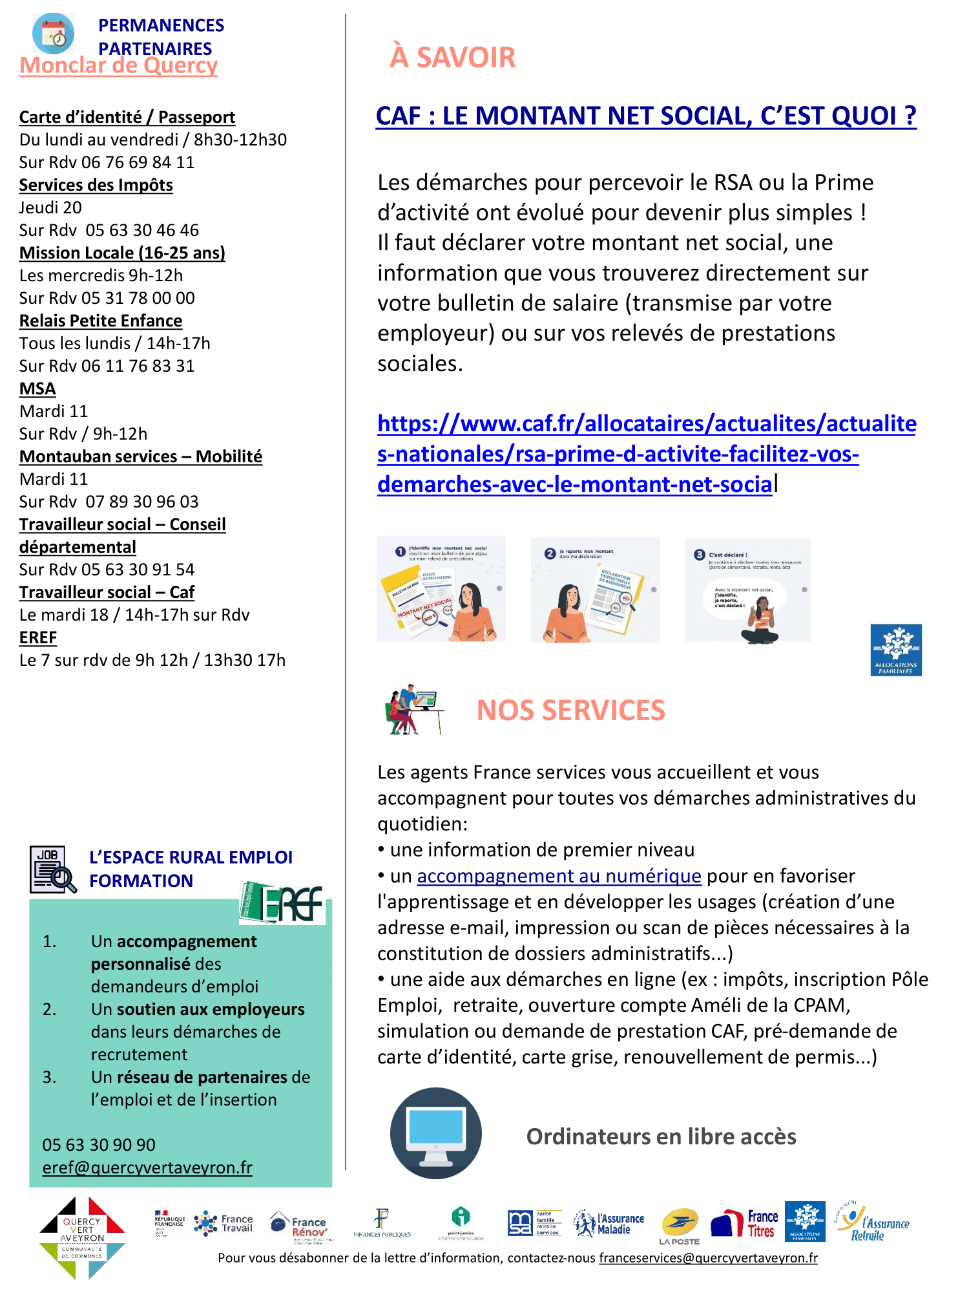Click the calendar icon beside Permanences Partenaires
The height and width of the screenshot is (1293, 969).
[x=53, y=34]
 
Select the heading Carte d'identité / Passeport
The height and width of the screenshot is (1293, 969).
[x=127, y=117]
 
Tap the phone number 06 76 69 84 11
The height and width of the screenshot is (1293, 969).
[x=138, y=162]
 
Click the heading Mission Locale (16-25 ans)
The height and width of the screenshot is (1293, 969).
[x=122, y=253]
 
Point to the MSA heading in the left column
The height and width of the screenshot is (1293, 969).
[x=37, y=389]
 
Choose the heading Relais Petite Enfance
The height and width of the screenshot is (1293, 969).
[x=101, y=321]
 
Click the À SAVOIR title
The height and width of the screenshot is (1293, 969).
[x=452, y=57]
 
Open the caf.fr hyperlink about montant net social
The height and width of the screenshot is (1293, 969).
[x=646, y=454]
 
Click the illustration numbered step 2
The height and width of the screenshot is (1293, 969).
[x=595, y=589]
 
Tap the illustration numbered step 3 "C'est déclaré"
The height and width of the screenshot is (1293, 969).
[x=747, y=590]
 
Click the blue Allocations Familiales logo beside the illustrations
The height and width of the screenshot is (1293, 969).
[x=895, y=650]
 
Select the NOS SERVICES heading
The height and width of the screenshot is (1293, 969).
[x=570, y=711]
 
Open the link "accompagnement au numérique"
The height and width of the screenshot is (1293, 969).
[x=559, y=876]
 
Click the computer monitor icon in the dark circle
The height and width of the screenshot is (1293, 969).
[x=436, y=1133]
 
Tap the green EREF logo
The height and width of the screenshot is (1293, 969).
[x=282, y=902]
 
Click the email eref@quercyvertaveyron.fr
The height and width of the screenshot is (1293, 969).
[x=147, y=1168]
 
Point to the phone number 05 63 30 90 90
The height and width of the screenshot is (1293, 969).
[x=99, y=1145]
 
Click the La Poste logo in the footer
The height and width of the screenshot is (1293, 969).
[x=680, y=1225]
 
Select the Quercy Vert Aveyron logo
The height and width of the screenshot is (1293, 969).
[x=81, y=1236]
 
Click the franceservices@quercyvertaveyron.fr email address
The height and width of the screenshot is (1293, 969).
[x=708, y=1258]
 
